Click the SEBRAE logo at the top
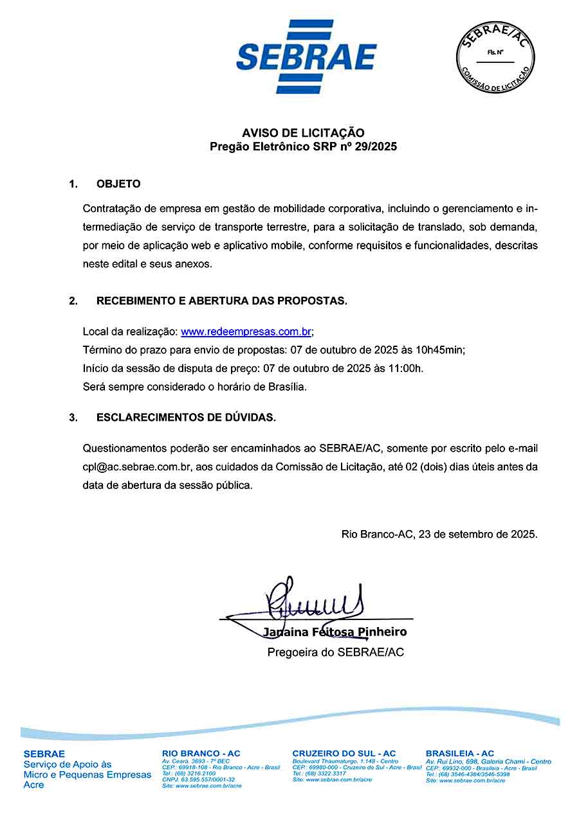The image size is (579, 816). [x=306, y=57]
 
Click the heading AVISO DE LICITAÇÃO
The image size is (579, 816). [x=303, y=133]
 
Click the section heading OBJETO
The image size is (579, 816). [x=118, y=184]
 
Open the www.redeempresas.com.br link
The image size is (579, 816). [x=246, y=332]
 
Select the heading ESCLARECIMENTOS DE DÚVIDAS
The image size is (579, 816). [x=186, y=418]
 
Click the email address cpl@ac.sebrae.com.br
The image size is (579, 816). [x=136, y=466]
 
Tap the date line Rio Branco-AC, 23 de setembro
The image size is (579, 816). [x=439, y=534]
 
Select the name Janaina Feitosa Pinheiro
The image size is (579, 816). [x=335, y=632]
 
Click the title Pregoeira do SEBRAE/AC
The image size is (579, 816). [x=336, y=652]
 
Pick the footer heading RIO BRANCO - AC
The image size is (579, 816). [x=201, y=753]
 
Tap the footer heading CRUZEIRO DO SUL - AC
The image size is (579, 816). [x=344, y=753]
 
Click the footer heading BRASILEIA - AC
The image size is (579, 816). [x=460, y=753]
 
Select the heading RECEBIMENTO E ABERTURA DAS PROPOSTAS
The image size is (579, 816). [x=222, y=301]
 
